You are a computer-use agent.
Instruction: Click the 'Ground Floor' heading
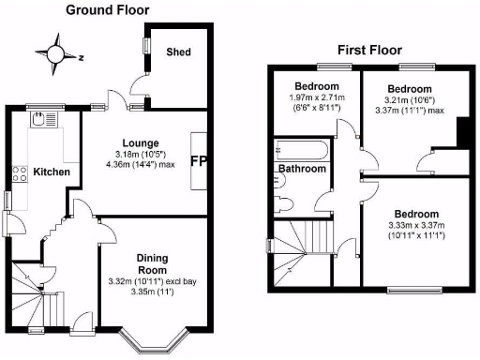107,9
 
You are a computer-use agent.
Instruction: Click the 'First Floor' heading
369,50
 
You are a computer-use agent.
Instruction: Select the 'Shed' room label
179,52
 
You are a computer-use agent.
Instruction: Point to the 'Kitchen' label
51,172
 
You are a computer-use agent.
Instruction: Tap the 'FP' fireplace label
199,161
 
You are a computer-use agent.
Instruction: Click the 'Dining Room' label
151,264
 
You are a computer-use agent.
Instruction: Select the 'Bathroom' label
301,169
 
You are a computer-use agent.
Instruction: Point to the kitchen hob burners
19,172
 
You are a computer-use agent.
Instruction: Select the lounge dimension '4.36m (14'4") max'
141,166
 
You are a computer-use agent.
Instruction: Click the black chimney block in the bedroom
461,131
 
